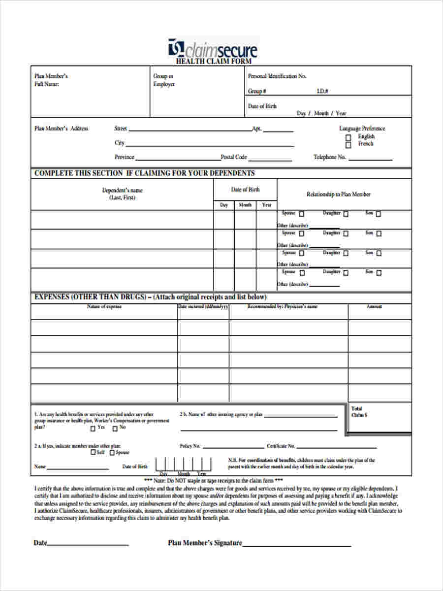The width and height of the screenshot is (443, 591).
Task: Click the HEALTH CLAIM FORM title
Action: pyautogui.click(x=214, y=62)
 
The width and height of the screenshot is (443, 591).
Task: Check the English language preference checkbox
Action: pyautogui.click(x=348, y=137)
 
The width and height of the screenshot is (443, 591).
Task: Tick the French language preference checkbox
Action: pyautogui.click(x=348, y=145)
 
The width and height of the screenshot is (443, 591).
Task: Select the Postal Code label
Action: pyautogui.click(x=234, y=157)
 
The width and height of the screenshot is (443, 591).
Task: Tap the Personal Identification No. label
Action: pyautogui.click(x=277, y=76)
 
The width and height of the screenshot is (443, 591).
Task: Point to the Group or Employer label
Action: pyautogui.click(x=164, y=80)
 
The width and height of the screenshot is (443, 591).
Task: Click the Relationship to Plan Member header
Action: pyautogui.click(x=339, y=194)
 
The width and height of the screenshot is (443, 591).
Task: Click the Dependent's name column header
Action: pyautogui.click(x=123, y=194)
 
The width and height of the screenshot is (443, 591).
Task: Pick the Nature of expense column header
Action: pyautogui.click(x=104, y=306)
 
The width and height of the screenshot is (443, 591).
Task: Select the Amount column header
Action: pyautogui.click(x=374, y=306)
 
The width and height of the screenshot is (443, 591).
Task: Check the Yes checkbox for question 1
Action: pyautogui.click(x=93, y=428)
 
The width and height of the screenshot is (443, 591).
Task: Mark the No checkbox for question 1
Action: pyautogui.click(x=115, y=428)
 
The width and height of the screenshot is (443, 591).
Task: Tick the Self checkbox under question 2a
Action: pyautogui.click(x=93, y=453)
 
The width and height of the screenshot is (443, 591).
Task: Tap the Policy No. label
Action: pyautogui.click(x=190, y=446)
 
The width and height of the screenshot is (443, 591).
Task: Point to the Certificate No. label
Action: pyautogui.click(x=281, y=446)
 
